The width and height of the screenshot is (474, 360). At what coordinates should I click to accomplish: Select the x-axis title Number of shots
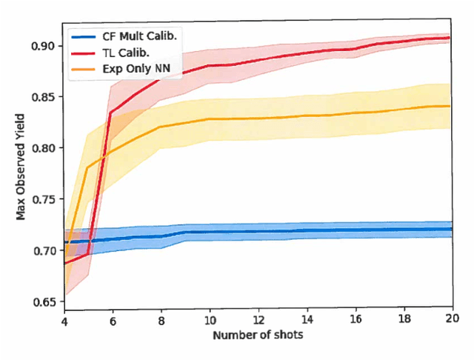258,336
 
